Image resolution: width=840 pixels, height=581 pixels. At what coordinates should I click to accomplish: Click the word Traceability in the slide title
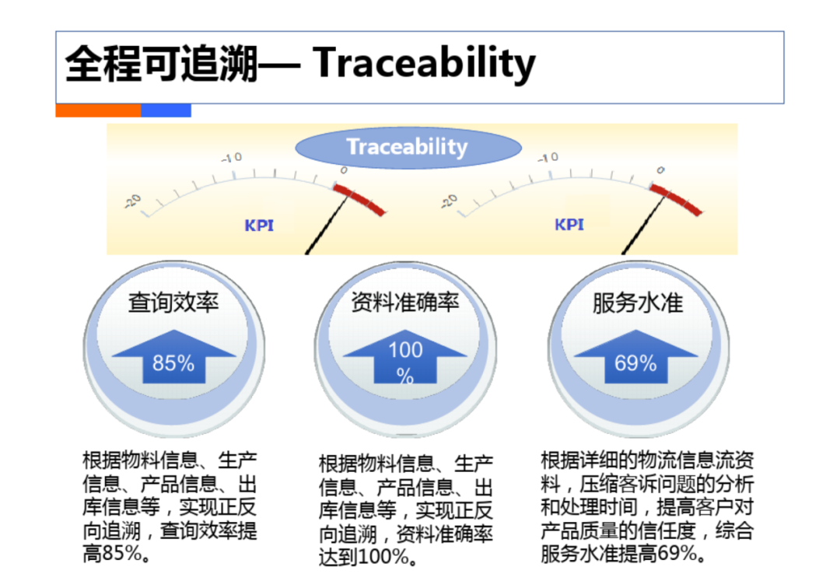[x=424, y=63]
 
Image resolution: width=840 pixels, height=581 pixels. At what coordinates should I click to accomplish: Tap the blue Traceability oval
[x=408, y=147]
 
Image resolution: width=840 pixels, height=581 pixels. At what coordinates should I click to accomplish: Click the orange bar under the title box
[x=98, y=110]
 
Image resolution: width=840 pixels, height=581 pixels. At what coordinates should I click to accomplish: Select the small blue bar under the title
[x=166, y=110]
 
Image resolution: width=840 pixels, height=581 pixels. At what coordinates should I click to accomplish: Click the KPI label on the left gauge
[x=259, y=226]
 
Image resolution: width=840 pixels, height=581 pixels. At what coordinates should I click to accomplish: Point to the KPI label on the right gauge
[x=569, y=224]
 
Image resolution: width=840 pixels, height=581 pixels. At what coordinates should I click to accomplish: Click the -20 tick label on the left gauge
[x=134, y=201]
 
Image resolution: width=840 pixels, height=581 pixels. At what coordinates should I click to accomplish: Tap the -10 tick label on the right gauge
[x=548, y=157]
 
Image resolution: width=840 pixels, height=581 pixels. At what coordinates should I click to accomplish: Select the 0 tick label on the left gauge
[x=344, y=170]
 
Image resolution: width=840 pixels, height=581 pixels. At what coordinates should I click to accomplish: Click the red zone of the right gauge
[x=676, y=199]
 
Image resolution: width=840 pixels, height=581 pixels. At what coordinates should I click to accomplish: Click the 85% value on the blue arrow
[x=173, y=363]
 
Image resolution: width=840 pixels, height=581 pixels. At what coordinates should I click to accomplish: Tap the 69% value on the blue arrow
[x=635, y=363]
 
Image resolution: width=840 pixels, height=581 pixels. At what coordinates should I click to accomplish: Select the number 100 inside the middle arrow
[x=405, y=350]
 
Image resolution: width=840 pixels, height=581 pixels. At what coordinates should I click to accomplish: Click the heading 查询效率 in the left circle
[x=173, y=303]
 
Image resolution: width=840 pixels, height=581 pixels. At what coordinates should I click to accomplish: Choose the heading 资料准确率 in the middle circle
[x=405, y=303]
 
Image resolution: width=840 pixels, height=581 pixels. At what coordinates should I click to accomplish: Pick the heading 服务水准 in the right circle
[x=638, y=303]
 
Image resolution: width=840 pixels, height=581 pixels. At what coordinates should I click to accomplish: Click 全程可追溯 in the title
[x=162, y=63]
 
